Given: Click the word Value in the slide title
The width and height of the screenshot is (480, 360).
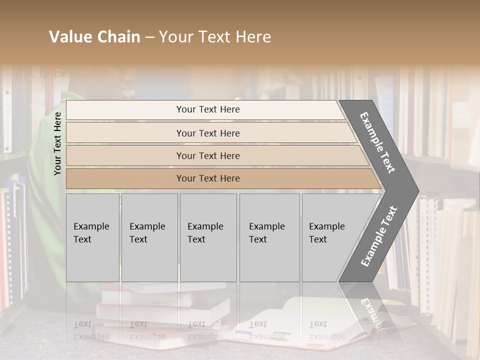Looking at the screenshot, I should pyautogui.click(x=70, y=37).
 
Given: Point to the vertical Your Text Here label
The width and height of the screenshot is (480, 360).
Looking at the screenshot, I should pyautogui.click(x=57, y=143).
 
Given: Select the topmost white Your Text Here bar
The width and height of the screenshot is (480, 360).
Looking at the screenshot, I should pyautogui.click(x=208, y=109).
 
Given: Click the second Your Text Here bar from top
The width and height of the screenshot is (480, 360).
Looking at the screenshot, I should pyautogui.click(x=208, y=133).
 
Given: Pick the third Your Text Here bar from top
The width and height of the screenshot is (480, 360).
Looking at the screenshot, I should pyautogui.click(x=208, y=155).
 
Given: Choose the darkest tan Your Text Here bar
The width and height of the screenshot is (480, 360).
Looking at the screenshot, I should pyautogui.click(x=208, y=178).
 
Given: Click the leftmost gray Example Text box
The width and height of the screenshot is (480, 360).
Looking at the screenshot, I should pyautogui.click(x=92, y=237).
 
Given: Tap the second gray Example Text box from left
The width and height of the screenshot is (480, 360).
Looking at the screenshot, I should pyautogui.click(x=149, y=237).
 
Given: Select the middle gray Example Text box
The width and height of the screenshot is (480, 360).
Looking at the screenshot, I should pyautogui.click(x=208, y=237).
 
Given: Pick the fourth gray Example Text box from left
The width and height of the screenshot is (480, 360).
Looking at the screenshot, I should pyautogui.click(x=269, y=237).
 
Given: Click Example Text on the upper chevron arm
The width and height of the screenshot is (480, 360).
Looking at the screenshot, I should pyautogui.click(x=377, y=142).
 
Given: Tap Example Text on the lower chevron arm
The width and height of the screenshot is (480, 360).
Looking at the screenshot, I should pyautogui.click(x=379, y=236).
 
